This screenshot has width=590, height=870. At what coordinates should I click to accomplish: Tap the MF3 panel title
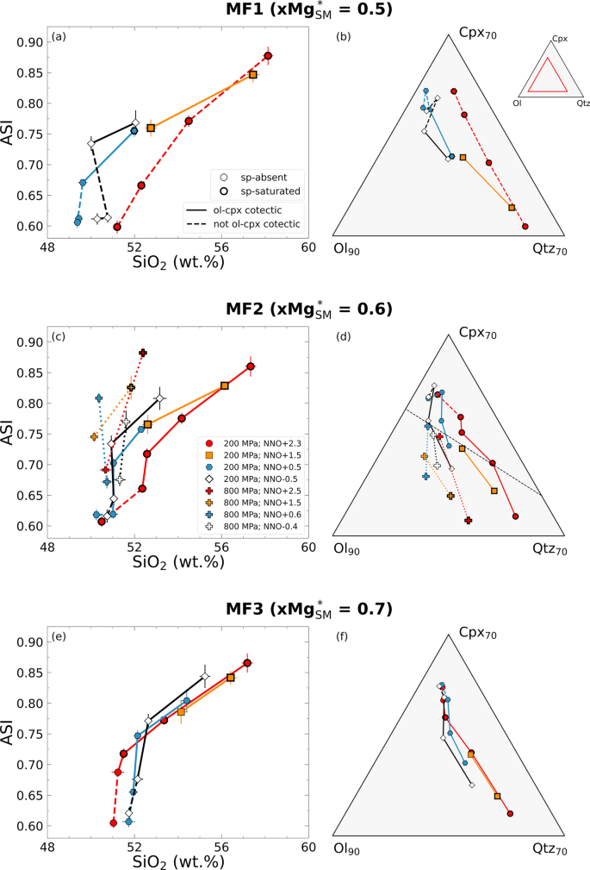pos(294,609)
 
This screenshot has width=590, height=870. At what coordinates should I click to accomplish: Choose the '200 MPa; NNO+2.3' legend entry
pos(251,441)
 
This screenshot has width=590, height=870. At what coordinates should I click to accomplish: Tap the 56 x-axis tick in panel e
pos(221,846)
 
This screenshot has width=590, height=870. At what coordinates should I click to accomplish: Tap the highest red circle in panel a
pos(268,55)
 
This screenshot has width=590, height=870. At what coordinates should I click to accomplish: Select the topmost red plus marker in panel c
pos(143,353)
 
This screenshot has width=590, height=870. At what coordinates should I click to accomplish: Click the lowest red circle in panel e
pos(114,823)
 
